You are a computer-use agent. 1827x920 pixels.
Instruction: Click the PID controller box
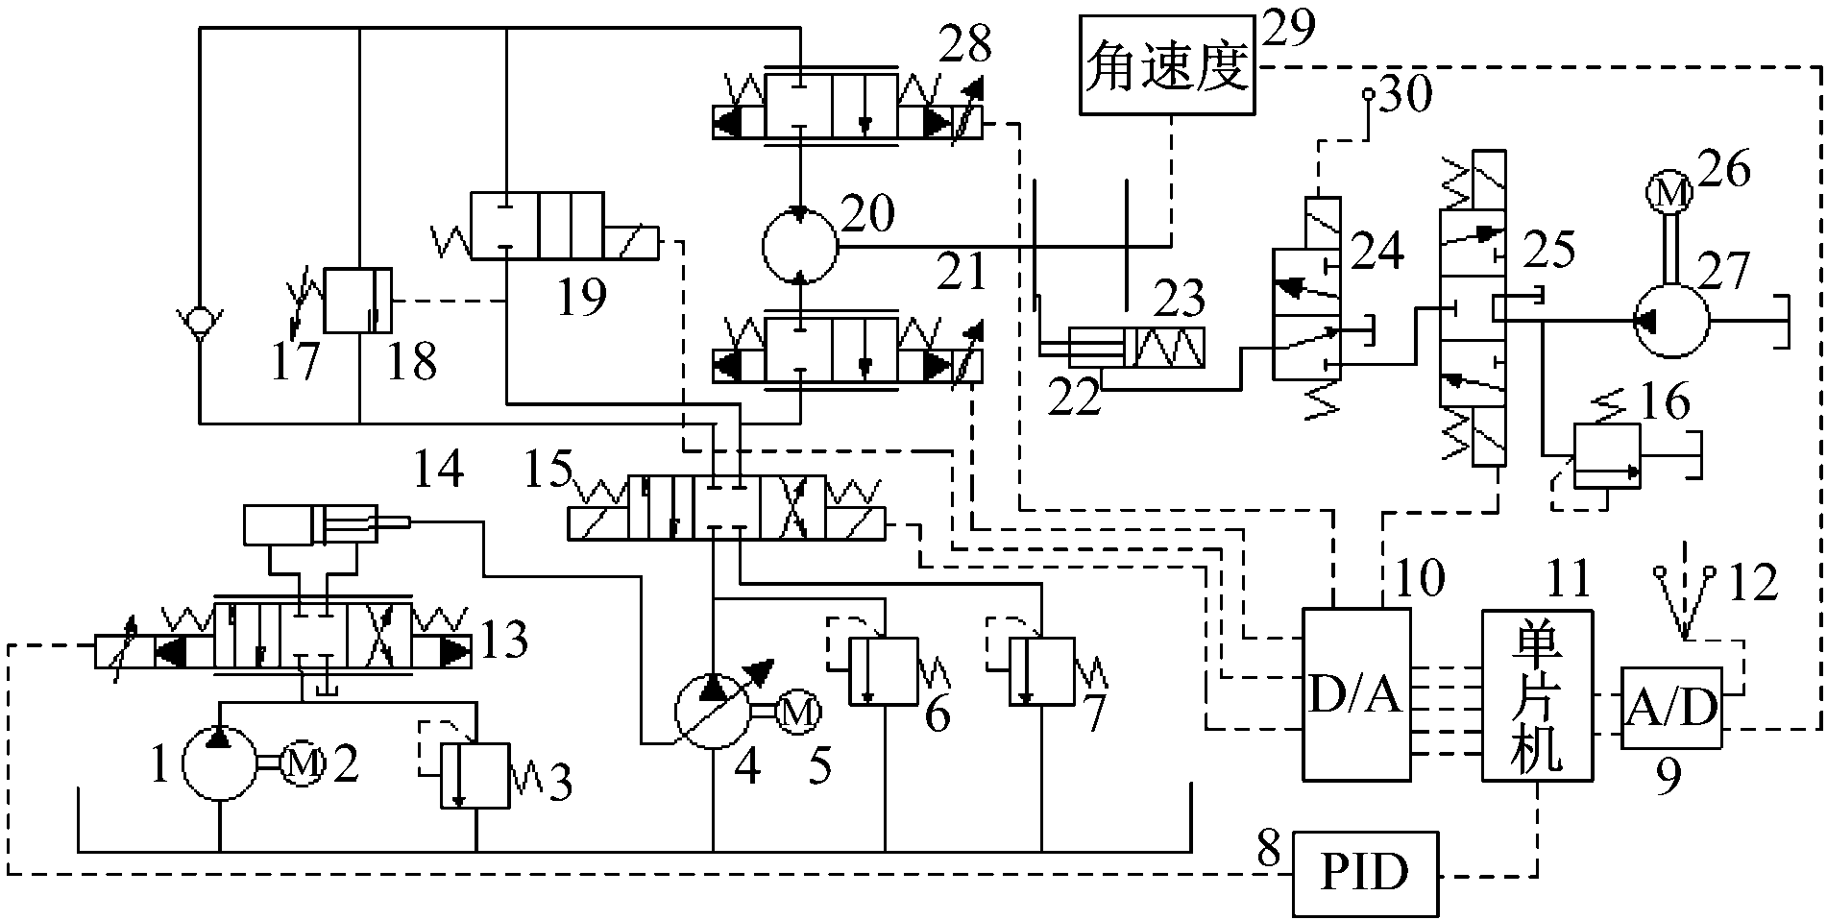(x=1365, y=872)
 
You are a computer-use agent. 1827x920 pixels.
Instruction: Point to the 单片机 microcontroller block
(x=1537, y=696)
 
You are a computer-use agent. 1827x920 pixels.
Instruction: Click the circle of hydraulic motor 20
(x=799, y=247)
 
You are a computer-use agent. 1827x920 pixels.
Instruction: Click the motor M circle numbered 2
(x=303, y=763)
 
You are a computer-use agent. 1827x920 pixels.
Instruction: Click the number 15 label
(x=548, y=470)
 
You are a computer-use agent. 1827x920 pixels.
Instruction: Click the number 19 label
(x=581, y=298)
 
